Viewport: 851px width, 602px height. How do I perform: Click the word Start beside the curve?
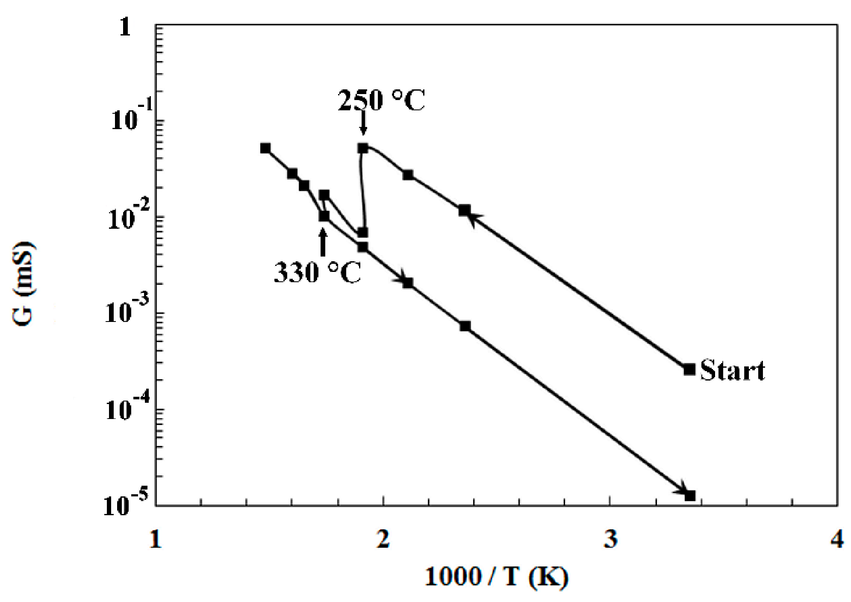click(x=732, y=370)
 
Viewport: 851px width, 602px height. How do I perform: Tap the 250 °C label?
click(x=381, y=101)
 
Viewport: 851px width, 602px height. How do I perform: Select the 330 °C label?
click(x=318, y=272)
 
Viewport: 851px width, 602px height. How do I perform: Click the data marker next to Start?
click(x=689, y=369)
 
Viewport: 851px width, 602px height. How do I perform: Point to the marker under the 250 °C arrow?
click(x=363, y=148)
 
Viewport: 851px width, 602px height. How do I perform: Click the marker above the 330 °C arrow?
click(x=324, y=216)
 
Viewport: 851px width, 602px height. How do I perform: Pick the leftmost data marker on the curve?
click(x=265, y=148)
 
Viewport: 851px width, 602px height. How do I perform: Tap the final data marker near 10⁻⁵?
click(x=690, y=496)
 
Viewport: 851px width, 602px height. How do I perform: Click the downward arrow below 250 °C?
click(x=363, y=124)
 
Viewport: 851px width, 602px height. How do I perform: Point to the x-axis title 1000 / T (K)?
click(x=496, y=577)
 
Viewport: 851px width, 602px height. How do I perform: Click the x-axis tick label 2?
click(x=383, y=539)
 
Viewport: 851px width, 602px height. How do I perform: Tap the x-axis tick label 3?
click(x=611, y=539)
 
